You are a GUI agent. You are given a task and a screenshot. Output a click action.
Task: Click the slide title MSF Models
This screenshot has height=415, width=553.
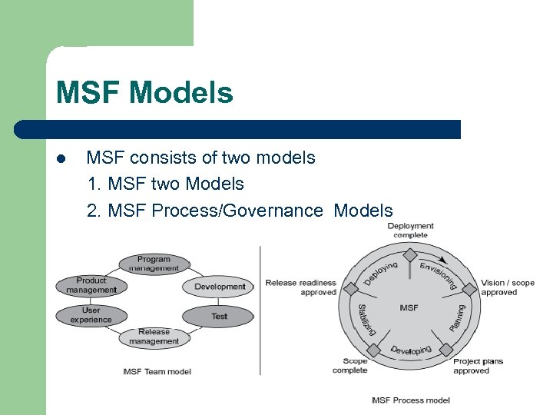[144, 93]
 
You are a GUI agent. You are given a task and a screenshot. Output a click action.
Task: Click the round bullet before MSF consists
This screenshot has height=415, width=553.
[61, 159]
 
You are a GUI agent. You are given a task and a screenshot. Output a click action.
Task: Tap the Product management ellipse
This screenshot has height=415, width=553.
[91, 285]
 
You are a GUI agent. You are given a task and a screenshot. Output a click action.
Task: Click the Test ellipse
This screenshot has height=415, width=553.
[219, 316]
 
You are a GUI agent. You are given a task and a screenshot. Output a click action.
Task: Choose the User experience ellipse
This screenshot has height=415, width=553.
[91, 315]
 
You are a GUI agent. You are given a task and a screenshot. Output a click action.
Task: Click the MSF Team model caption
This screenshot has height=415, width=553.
[157, 372]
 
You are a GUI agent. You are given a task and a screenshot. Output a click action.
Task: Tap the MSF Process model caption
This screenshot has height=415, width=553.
[410, 400]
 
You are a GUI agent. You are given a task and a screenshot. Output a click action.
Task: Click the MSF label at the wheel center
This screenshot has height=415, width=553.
[409, 307]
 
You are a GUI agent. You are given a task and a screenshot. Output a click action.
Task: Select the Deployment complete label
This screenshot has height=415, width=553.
[410, 231]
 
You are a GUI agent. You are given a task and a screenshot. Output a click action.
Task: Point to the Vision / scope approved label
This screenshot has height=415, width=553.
[508, 287]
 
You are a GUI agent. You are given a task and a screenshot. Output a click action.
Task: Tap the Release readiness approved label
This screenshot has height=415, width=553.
[301, 287]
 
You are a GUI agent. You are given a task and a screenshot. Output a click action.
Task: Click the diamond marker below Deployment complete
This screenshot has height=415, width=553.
[410, 254]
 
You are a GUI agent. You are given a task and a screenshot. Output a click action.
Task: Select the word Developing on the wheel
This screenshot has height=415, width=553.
[411, 350]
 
